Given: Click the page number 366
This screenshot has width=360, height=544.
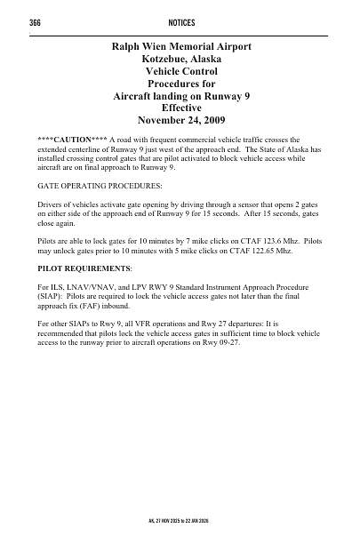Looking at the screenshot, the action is coord(36,21).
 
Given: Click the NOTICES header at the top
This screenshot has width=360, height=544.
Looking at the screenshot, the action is coord(180,21).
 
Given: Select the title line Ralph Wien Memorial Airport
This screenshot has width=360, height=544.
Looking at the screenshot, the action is coord(180,46).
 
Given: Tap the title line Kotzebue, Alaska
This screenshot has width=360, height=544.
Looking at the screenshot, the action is coord(180,59).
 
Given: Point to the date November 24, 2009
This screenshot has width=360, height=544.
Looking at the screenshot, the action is coord(180,118).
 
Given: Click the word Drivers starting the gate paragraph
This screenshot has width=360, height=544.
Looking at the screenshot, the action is coord(52,205).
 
